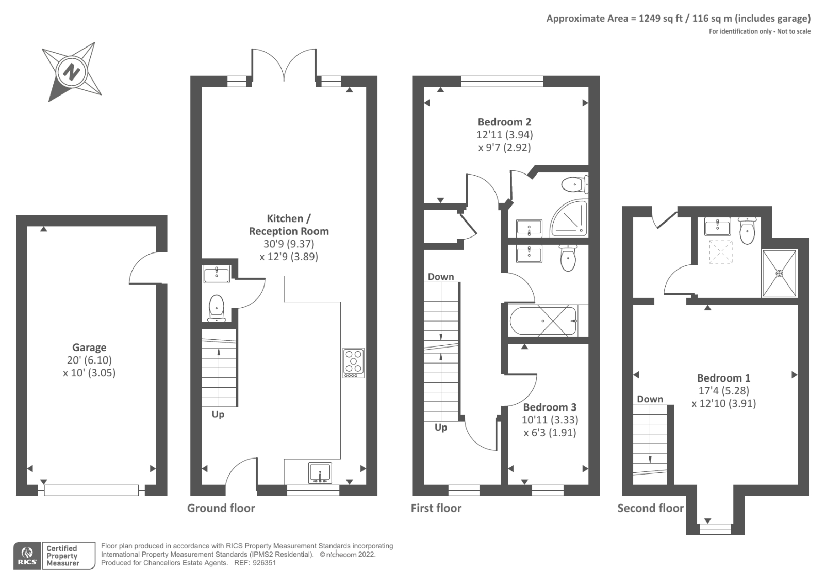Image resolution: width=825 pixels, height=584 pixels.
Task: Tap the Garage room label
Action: [89, 348]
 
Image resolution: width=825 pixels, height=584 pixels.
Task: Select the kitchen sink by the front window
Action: [320, 473]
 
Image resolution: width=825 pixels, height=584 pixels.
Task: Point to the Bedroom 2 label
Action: [504, 122]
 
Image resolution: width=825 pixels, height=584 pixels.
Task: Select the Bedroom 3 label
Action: [550, 407]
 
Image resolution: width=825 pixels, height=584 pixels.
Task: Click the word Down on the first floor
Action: [441, 277]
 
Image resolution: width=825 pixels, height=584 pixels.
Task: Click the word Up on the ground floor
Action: [218, 414]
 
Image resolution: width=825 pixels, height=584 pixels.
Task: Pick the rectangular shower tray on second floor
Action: [779, 273]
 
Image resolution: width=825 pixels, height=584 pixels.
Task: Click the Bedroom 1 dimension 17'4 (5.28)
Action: [723, 391]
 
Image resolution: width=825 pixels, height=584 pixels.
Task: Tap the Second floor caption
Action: [650, 508]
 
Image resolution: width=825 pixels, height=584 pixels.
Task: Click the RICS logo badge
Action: [27, 556]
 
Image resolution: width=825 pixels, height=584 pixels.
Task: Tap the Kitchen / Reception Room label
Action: [289, 225]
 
